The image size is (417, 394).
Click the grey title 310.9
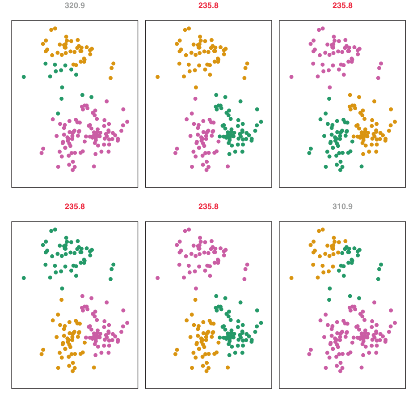click(342, 207)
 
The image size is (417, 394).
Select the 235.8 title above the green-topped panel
click(74, 207)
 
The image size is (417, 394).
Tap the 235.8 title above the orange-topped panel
click(208, 6)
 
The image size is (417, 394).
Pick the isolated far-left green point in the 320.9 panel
click(24, 77)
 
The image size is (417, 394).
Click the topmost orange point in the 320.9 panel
click(55, 29)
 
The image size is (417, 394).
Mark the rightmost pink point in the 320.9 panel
click(127, 122)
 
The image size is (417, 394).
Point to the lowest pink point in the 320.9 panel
click(73, 170)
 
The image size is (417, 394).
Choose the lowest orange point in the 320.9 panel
click(110, 78)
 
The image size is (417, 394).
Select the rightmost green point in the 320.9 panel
click(92, 97)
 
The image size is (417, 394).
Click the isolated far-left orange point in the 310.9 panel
click(291, 278)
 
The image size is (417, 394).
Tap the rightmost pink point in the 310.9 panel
click(395, 323)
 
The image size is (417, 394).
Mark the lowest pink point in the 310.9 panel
click(341, 371)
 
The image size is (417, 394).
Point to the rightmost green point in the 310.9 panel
click(381, 265)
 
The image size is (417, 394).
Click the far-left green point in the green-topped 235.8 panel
click(24, 278)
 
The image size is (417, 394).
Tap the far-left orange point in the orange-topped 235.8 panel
click(158, 77)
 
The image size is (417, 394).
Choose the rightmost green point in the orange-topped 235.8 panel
click(261, 122)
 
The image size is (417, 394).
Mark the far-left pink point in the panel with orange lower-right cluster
click(291, 77)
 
